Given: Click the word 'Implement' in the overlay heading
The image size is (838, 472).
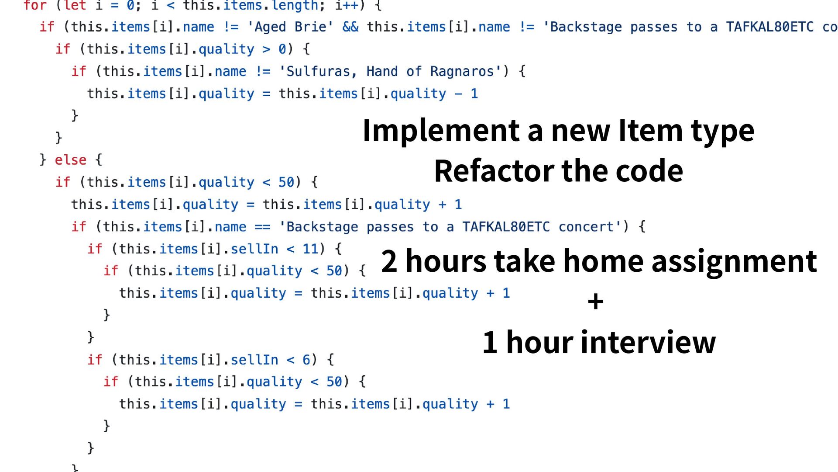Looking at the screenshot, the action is [x=441, y=131].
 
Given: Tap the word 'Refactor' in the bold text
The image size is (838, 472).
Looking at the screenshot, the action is [x=493, y=171].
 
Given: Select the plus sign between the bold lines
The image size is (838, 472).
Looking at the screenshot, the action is [x=595, y=302].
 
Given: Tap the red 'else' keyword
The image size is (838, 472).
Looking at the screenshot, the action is [x=70, y=160].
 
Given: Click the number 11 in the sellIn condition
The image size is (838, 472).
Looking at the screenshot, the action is [x=310, y=249].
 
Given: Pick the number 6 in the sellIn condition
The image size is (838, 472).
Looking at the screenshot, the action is [x=306, y=360].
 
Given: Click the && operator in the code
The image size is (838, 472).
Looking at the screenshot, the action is [x=350, y=27].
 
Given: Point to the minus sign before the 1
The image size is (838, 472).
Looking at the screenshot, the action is [x=458, y=94].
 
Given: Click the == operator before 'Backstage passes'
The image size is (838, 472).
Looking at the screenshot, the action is [x=262, y=227].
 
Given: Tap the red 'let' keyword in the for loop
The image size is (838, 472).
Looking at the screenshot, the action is [x=75, y=6].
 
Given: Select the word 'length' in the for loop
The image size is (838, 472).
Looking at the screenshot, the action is [x=295, y=6].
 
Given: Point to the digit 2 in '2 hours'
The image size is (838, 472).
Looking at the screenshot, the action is [x=389, y=261].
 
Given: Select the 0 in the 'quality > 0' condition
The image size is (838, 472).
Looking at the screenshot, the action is [x=282, y=49].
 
